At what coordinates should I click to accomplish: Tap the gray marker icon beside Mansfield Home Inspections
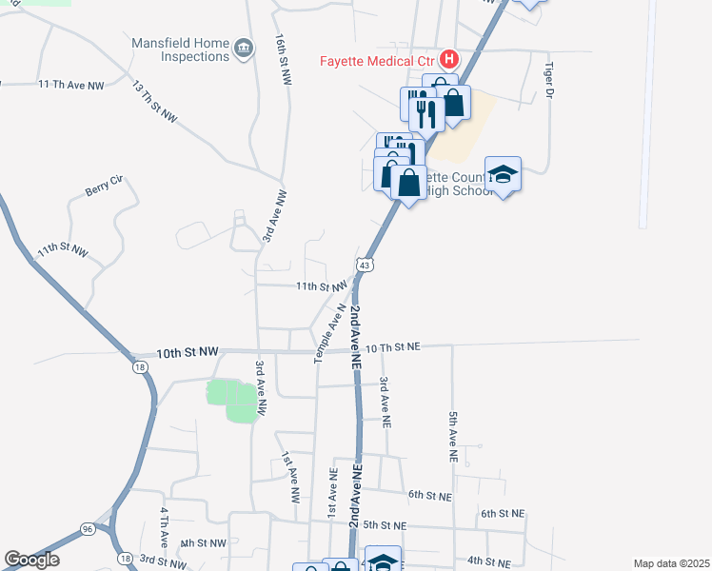tap(243, 47)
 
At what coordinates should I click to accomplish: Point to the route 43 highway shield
tap(364, 263)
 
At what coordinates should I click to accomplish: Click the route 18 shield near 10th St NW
tap(140, 367)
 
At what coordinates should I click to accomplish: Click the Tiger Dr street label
tap(549, 82)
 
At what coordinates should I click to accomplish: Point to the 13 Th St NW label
tap(154, 102)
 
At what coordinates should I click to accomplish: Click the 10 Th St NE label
tap(392, 347)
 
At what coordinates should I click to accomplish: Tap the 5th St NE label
tap(385, 525)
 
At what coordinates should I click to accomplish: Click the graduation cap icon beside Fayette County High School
tap(503, 174)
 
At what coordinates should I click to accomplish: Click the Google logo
tap(31, 559)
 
